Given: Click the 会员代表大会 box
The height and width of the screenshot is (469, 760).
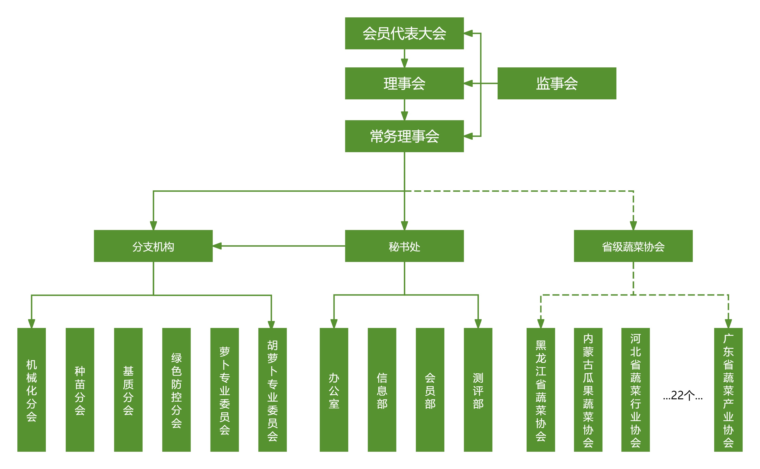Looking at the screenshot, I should [x=404, y=33].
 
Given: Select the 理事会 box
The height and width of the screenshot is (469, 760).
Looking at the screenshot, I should [x=404, y=83].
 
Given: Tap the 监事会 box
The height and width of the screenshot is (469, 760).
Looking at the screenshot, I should [x=557, y=83].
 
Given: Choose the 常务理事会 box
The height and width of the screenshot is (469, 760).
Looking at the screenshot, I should [x=404, y=136].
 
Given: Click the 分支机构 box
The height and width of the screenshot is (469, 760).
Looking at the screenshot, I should [x=153, y=246].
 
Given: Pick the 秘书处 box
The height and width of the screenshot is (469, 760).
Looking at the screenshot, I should [x=404, y=246].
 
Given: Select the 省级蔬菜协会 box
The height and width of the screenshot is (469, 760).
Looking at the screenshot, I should [x=633, y=246].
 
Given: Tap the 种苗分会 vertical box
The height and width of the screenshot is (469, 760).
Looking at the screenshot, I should [x=80, y=390].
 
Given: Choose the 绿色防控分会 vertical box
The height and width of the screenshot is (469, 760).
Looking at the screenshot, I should [x=176, y=390].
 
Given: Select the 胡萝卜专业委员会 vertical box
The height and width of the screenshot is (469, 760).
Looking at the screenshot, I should [x=272, y=390].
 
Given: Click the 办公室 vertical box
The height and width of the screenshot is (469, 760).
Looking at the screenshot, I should [x=334, y=390].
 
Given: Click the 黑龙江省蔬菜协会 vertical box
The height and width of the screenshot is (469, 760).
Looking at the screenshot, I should [x=540, y=390].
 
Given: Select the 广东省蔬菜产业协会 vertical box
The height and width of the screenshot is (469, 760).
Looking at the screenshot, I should [x=728, y=390].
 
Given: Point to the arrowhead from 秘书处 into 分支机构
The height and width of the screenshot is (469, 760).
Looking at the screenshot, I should [x=217, y=246].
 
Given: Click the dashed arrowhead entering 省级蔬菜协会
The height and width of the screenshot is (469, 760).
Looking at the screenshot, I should [x=633, y=226].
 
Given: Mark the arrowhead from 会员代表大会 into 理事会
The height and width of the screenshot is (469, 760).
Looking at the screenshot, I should [x=404, y=63].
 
